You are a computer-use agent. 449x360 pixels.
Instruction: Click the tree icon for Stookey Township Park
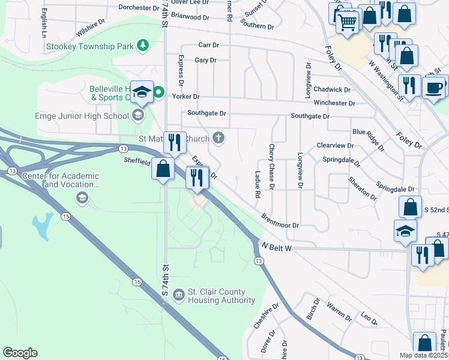point(143,45)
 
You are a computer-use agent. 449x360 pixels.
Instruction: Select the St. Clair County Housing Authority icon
point(178,295)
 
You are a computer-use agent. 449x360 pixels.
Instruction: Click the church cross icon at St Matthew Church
point(219,139)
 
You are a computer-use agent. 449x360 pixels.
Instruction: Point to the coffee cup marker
point(433,88)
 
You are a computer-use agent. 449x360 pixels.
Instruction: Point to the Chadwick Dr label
point(331,89)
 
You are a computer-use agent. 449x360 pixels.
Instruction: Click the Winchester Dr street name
point(339,103)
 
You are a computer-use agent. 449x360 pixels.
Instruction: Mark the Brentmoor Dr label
point(280,221)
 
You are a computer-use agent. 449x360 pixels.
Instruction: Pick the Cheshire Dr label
point(267,316)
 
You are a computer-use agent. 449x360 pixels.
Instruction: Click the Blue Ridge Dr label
point(368,139)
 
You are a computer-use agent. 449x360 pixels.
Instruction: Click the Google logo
point(20,353)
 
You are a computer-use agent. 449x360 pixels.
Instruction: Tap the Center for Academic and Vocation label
point(60,180)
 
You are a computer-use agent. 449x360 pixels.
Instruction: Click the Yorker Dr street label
point(185,97)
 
